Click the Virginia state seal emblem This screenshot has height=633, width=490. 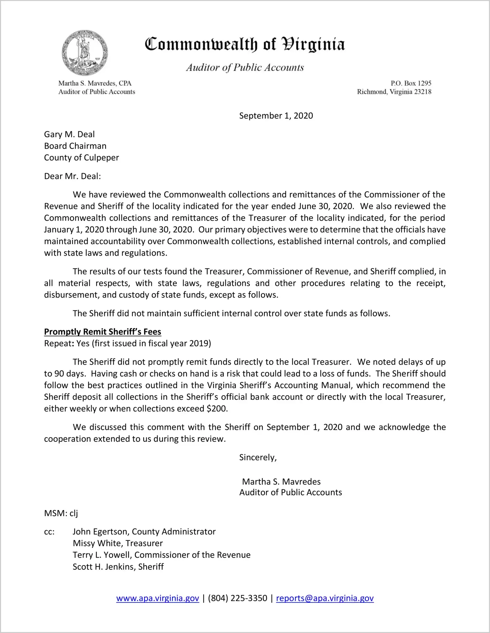click(85, 53)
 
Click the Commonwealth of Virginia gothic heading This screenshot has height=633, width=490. click(245, 44)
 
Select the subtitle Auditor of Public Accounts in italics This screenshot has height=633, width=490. click(245, 68)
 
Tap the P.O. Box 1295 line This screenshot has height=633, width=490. click(411, 83)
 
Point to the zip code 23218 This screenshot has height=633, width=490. click(423, 92)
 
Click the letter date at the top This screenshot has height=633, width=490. click(276, 116)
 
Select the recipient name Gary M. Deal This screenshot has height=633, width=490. click(70, 134)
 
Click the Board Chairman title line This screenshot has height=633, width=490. click(75, 146)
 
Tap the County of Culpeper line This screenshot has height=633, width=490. click(81, 158)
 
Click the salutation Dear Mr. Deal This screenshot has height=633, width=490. click(72, 176)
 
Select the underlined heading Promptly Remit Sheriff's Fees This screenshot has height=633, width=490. click(103, 332)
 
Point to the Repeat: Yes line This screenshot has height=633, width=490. click(128, 343)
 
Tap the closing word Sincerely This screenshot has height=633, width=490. click(258, 457)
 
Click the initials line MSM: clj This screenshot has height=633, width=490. click(61, 513)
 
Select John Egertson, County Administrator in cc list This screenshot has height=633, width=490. click(144, 532)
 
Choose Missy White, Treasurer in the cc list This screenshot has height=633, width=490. click(118, 543)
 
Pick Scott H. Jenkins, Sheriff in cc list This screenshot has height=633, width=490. click(118, 567)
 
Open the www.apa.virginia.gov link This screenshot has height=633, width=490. click(157, 598)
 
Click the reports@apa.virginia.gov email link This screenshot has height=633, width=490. click(325, 598)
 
